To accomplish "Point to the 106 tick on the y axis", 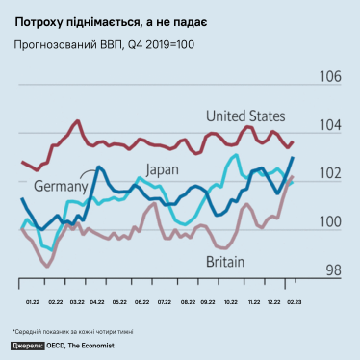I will point(330,77).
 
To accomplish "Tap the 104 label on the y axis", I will point(330,125).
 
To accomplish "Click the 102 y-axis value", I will point(330,173).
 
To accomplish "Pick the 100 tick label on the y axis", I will point(330,221).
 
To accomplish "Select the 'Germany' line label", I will point(62,185).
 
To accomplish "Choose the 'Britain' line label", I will point(225,261).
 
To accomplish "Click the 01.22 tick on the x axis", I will point(32,301).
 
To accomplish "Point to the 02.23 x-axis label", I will point(290,301).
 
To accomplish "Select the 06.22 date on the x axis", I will point(141,301).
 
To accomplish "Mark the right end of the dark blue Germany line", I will point(293,157).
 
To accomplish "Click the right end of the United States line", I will point(293,141).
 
